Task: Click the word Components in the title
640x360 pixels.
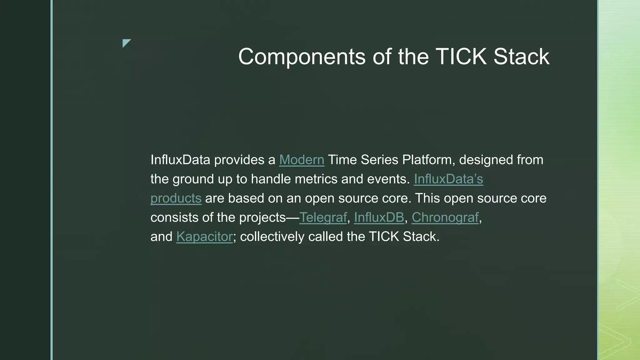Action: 302,57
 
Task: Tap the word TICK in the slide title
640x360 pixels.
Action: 461,57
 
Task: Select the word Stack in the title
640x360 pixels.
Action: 521,57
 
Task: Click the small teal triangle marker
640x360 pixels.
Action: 126,43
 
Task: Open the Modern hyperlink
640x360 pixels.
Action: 302,160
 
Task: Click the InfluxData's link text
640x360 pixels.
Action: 448,179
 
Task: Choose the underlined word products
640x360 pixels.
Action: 176,198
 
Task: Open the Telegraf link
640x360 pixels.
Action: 323,217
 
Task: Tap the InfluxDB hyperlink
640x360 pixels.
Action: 379,217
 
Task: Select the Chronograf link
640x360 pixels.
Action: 445,217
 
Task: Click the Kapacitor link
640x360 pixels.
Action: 204,237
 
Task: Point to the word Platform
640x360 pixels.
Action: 427,160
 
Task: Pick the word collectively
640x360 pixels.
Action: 272,237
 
